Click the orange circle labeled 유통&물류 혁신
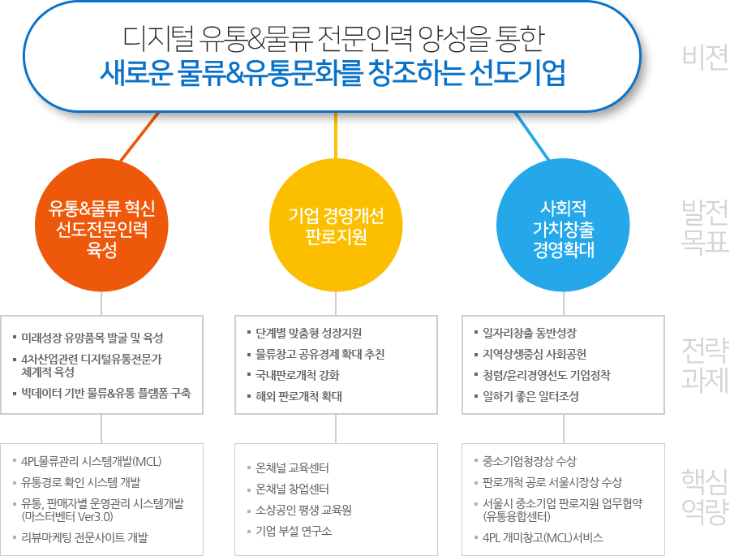(101, 226)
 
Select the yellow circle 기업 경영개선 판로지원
(336, 226)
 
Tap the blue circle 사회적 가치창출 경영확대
(564, 226)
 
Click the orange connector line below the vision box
(140, 137)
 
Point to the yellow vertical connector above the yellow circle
(336, 136)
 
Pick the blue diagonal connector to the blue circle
(531, 136)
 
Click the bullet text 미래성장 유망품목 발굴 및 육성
(92, 338)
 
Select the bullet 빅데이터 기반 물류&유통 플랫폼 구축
(106, 394)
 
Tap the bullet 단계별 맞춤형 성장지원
(309, 334)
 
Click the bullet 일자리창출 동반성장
(530, 334)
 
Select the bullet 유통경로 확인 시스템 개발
(81, 482)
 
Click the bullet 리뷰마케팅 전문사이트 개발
(84, 537)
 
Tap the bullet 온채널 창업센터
(292, 489)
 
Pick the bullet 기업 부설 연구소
(294, 531)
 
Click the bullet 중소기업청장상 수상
(530, 461)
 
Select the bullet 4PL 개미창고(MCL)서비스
(543, 538)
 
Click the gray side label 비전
(705, 57)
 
